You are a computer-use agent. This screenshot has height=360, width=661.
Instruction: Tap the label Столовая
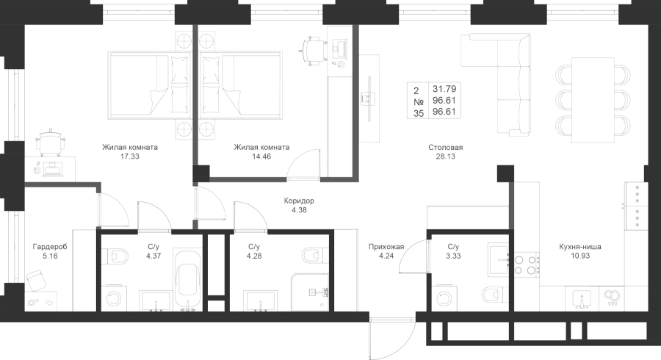[x=446, y=148]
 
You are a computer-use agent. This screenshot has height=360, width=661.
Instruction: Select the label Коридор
[x=299, y=200]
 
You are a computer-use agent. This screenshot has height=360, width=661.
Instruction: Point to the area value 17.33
[x=131, y=156]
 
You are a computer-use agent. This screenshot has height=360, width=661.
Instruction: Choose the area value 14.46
[x=261, y=156]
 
